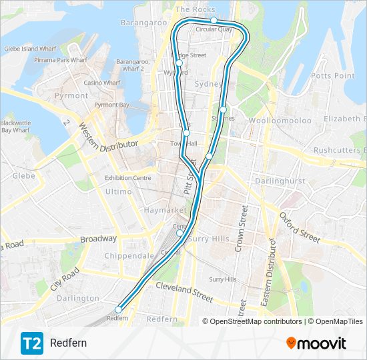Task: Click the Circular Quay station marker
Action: pyautogui.click(x=214, y=21)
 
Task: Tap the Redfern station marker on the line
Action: pyautogui.click(x=119, y=309)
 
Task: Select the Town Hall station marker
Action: pyautogui.click(x=186, y=133)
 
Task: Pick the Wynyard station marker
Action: pyautogui.click(x=179, y=63)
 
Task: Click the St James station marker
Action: pyautogui.click(x=223, y=109)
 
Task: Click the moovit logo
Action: pyautogui.click(x=316, y=343)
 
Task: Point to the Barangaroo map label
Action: pyautogui.click(x=143, y=23)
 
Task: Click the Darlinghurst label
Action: pyautogui.click(x=281, y=180)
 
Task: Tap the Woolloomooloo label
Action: pyautogui.click(x=280, y=121)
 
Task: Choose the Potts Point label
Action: pyautogui.click(x=332, y=76)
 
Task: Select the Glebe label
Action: pyautogui.click(x=23, y=176)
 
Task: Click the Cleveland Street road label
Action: pyautogui.click(x=184, y=289)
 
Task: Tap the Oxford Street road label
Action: pyautogui.click(x=300, y=227)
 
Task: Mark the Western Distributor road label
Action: pyautogui.click(x=107, y=136)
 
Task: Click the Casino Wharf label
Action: pyautogui.click(x=101, y=83)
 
